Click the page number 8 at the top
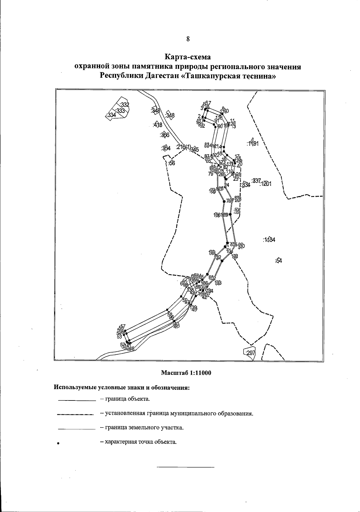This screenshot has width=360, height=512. pos(188,39)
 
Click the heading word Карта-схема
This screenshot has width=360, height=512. pos(188,57)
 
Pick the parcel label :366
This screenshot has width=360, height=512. pos(165,135)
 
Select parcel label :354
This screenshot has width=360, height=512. pos(166,148)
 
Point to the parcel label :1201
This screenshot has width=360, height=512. pos(265,184)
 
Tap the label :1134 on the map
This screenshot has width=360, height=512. pos(269,240)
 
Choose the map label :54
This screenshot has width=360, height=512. pos(279,261)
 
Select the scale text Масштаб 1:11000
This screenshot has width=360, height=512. pos(186,373)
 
